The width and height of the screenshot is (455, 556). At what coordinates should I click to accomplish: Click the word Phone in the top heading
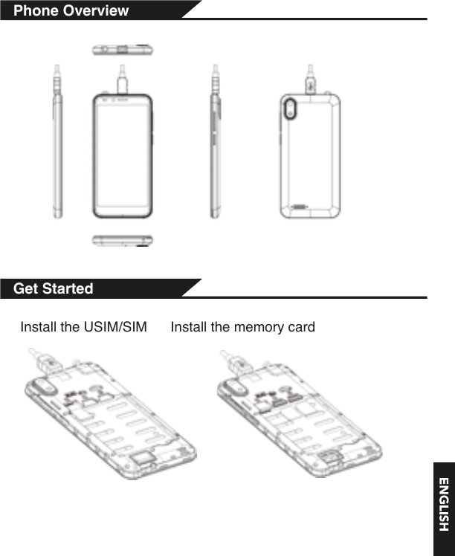click(36, 10)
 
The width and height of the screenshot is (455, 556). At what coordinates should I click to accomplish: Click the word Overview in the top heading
click(96, 10)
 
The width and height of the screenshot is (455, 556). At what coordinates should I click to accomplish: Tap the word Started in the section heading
click(68, 288)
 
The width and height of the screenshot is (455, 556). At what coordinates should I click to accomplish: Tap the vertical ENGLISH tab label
click(444, 504)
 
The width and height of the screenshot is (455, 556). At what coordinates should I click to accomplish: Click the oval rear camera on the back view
click(290, 108)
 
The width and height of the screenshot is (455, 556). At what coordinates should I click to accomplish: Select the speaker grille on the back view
click(300, 207)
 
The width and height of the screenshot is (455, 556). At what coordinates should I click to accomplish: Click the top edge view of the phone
click(123, 50)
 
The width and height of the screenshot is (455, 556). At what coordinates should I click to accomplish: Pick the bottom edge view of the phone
click(123, 240)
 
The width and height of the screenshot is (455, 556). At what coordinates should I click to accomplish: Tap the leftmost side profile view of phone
click(57, 141)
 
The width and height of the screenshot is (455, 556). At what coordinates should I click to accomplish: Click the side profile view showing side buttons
click(216, 141)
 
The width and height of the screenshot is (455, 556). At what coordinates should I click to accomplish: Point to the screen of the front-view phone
click(123, 155)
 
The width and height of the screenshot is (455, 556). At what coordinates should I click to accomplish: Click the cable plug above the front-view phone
click(123, 79)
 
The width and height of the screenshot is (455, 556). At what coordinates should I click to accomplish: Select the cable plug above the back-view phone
click(310, 80)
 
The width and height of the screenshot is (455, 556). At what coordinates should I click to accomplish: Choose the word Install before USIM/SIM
click(39, 327)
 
